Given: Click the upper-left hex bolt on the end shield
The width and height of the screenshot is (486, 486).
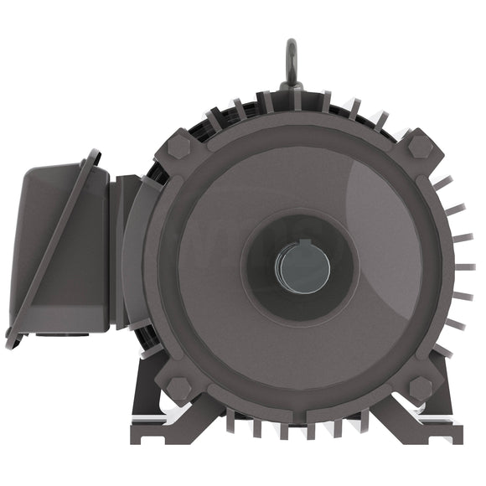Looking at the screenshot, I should coord(178,147).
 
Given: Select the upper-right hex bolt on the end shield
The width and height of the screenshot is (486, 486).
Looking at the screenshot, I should coord(420,146).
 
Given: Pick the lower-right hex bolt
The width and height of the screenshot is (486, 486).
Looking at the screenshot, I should coord(420,387).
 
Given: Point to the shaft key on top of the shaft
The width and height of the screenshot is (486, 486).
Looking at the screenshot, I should coord(302,246).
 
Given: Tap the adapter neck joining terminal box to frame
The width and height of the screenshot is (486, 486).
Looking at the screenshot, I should coord(126,251).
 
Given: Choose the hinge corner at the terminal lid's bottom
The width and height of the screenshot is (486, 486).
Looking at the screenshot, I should coord(12,340).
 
